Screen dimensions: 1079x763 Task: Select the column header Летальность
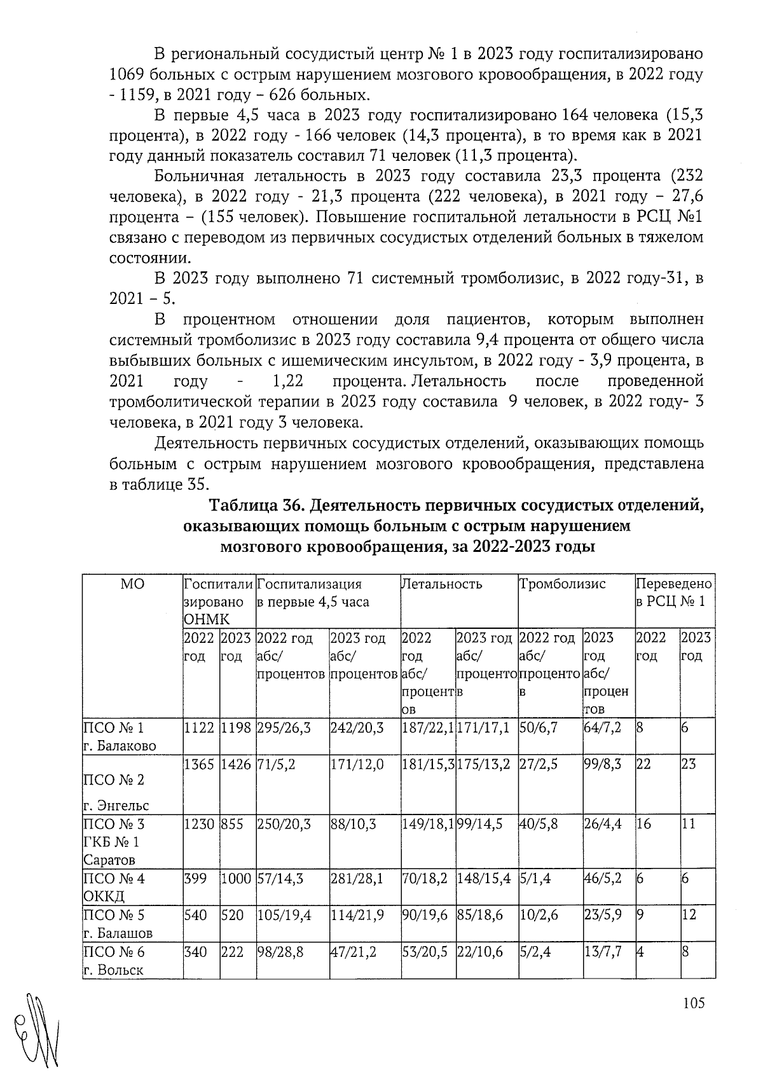[x=441, y=584]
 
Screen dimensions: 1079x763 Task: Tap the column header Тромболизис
[x=563, y=584]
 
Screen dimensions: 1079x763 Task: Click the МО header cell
[x=132, y=584]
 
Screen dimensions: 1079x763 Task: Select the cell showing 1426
[x=237, y=764]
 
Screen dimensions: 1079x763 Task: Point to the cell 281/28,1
[x=357, y=879]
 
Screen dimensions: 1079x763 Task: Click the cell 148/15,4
[x=483, y=879]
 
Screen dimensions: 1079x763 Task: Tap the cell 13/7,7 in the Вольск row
[x=602, y=952]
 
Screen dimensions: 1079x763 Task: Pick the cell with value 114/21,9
[x=357, y=915]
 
